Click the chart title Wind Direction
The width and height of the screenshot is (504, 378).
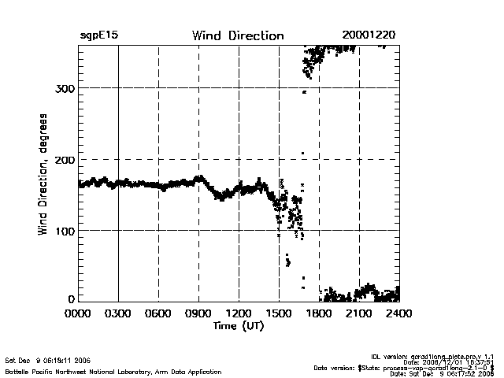[x=237, y=35]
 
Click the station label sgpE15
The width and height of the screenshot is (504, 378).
[x=99, y=35]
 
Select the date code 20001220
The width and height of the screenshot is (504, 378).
[x=369, y=35]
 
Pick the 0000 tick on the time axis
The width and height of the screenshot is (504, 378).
[x=78, y=313]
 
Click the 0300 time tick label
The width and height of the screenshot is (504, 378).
[x=118, y=313]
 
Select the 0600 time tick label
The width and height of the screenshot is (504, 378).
[x=158, y=313]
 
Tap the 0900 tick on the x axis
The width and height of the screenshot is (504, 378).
[x=198, y=313]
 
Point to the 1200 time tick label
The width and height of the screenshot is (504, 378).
[x=239, y=313]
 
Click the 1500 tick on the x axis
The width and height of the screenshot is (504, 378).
[x=279, y=313]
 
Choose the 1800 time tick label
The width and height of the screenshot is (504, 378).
[x=319, y=313]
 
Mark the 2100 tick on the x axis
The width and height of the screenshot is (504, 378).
[x=359, y=313]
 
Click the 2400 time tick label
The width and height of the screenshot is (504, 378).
[x=398, y=313]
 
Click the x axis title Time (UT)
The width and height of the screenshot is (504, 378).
[x=238, y=325]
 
